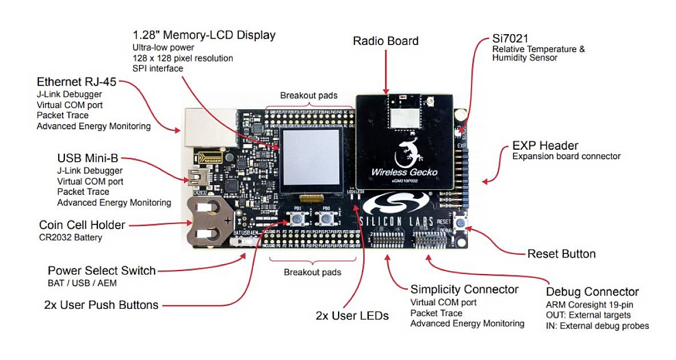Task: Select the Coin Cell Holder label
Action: click(82, 224)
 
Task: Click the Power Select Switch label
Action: click(101, 271)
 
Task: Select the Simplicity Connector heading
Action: click(464, 289)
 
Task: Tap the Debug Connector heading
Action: click(592, 292)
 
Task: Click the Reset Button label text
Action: click(561, 253)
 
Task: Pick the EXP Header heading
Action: click(545, 145)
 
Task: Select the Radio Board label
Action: click(385, 41)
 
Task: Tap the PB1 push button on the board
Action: click(297, 218)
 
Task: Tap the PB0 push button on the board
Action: click(325, 218)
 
